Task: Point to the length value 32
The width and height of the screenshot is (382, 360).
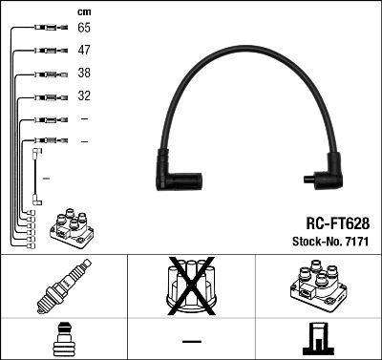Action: [x=84, y=96]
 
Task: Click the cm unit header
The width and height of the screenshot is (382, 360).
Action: [x=84, y=11]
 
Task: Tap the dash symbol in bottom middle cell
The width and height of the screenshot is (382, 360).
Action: [x=191, y=340]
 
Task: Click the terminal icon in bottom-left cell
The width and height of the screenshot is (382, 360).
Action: [x=63, y=339]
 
